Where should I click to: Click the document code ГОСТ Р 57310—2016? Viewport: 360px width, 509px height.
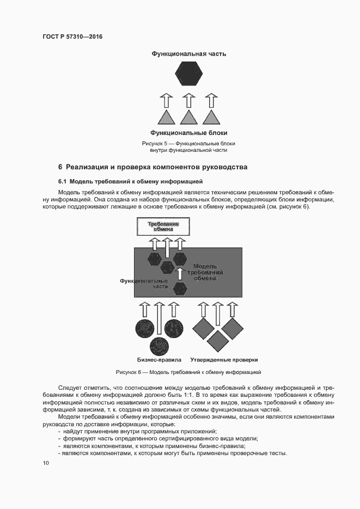pos(72,36)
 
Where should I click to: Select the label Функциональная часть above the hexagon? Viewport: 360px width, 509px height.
pos(188,54)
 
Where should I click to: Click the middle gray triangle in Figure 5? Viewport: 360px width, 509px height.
pos(188,117)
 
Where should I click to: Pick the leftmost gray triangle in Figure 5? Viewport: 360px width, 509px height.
pos(166,117)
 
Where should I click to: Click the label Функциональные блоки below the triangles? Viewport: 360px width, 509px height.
pos(188,133)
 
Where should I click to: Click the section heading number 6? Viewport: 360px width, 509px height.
pos(60,166)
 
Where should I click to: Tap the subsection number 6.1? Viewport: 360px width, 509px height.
pos(63,181)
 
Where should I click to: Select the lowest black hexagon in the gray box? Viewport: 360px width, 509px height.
pos(180,287)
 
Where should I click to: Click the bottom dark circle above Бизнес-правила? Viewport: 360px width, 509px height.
pos(161,346)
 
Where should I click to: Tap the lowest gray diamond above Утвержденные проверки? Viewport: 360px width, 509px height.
pos(218,341)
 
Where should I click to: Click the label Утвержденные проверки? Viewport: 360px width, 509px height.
pos(224,360)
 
